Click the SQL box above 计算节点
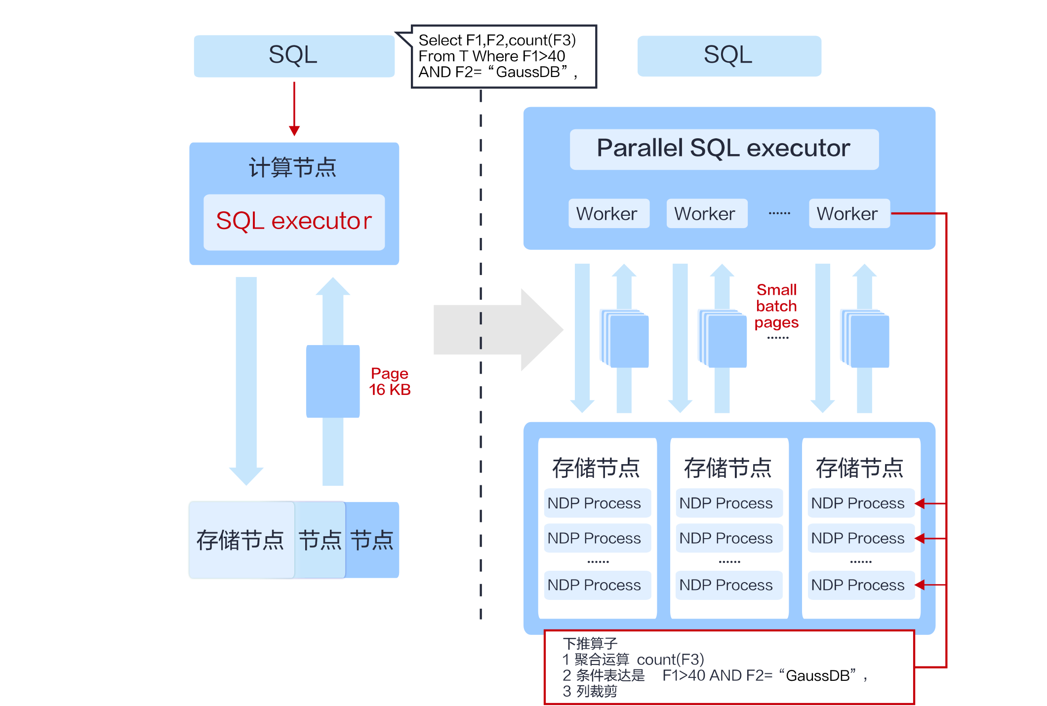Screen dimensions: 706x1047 pos(294,55)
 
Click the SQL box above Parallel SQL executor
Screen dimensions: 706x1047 pos(728,55)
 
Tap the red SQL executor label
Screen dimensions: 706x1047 pos(294,221)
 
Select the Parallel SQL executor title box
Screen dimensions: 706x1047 pos(724,149)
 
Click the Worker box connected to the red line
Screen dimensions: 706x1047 pos(848,214)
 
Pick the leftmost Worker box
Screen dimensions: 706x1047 pos(608,214)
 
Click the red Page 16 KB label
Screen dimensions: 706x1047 pos(390,381)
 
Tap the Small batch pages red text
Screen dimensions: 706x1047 pos(776,306)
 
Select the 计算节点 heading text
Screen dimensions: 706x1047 pos(292,168)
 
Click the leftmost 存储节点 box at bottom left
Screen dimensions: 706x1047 pos(241,540)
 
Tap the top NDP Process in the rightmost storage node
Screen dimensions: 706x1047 pos(858,504)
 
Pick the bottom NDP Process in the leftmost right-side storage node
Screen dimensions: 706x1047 pos(595,586)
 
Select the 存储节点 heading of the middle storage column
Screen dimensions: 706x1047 pos(728,468)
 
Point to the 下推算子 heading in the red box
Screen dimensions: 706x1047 pos(590,644)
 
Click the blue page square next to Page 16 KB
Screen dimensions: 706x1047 pos(333,381)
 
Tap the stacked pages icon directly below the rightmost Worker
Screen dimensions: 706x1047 pos(865,339)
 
